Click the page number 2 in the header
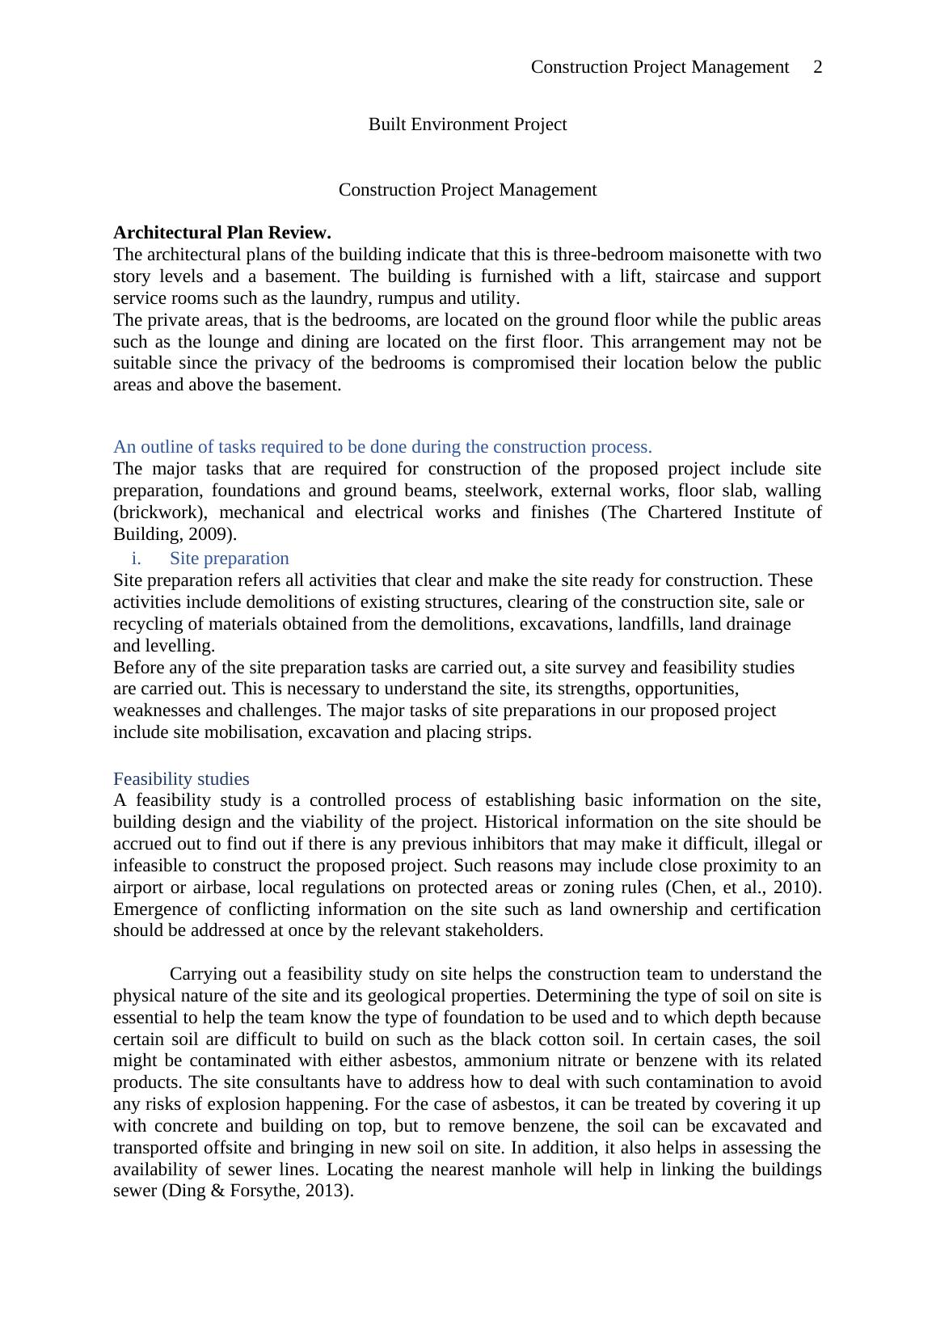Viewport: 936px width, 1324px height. click(x=817, y=67)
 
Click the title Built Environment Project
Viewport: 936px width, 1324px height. click(x=467, y=124)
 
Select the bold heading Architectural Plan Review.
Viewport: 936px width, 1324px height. click(x=222, y=233)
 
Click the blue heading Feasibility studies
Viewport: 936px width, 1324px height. click(x=181, y=779)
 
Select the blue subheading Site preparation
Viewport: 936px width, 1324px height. click(x=229, y=559)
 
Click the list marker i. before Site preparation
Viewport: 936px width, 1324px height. click(x=137, y=559)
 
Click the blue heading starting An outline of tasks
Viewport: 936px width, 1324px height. click(x=382, y=447)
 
